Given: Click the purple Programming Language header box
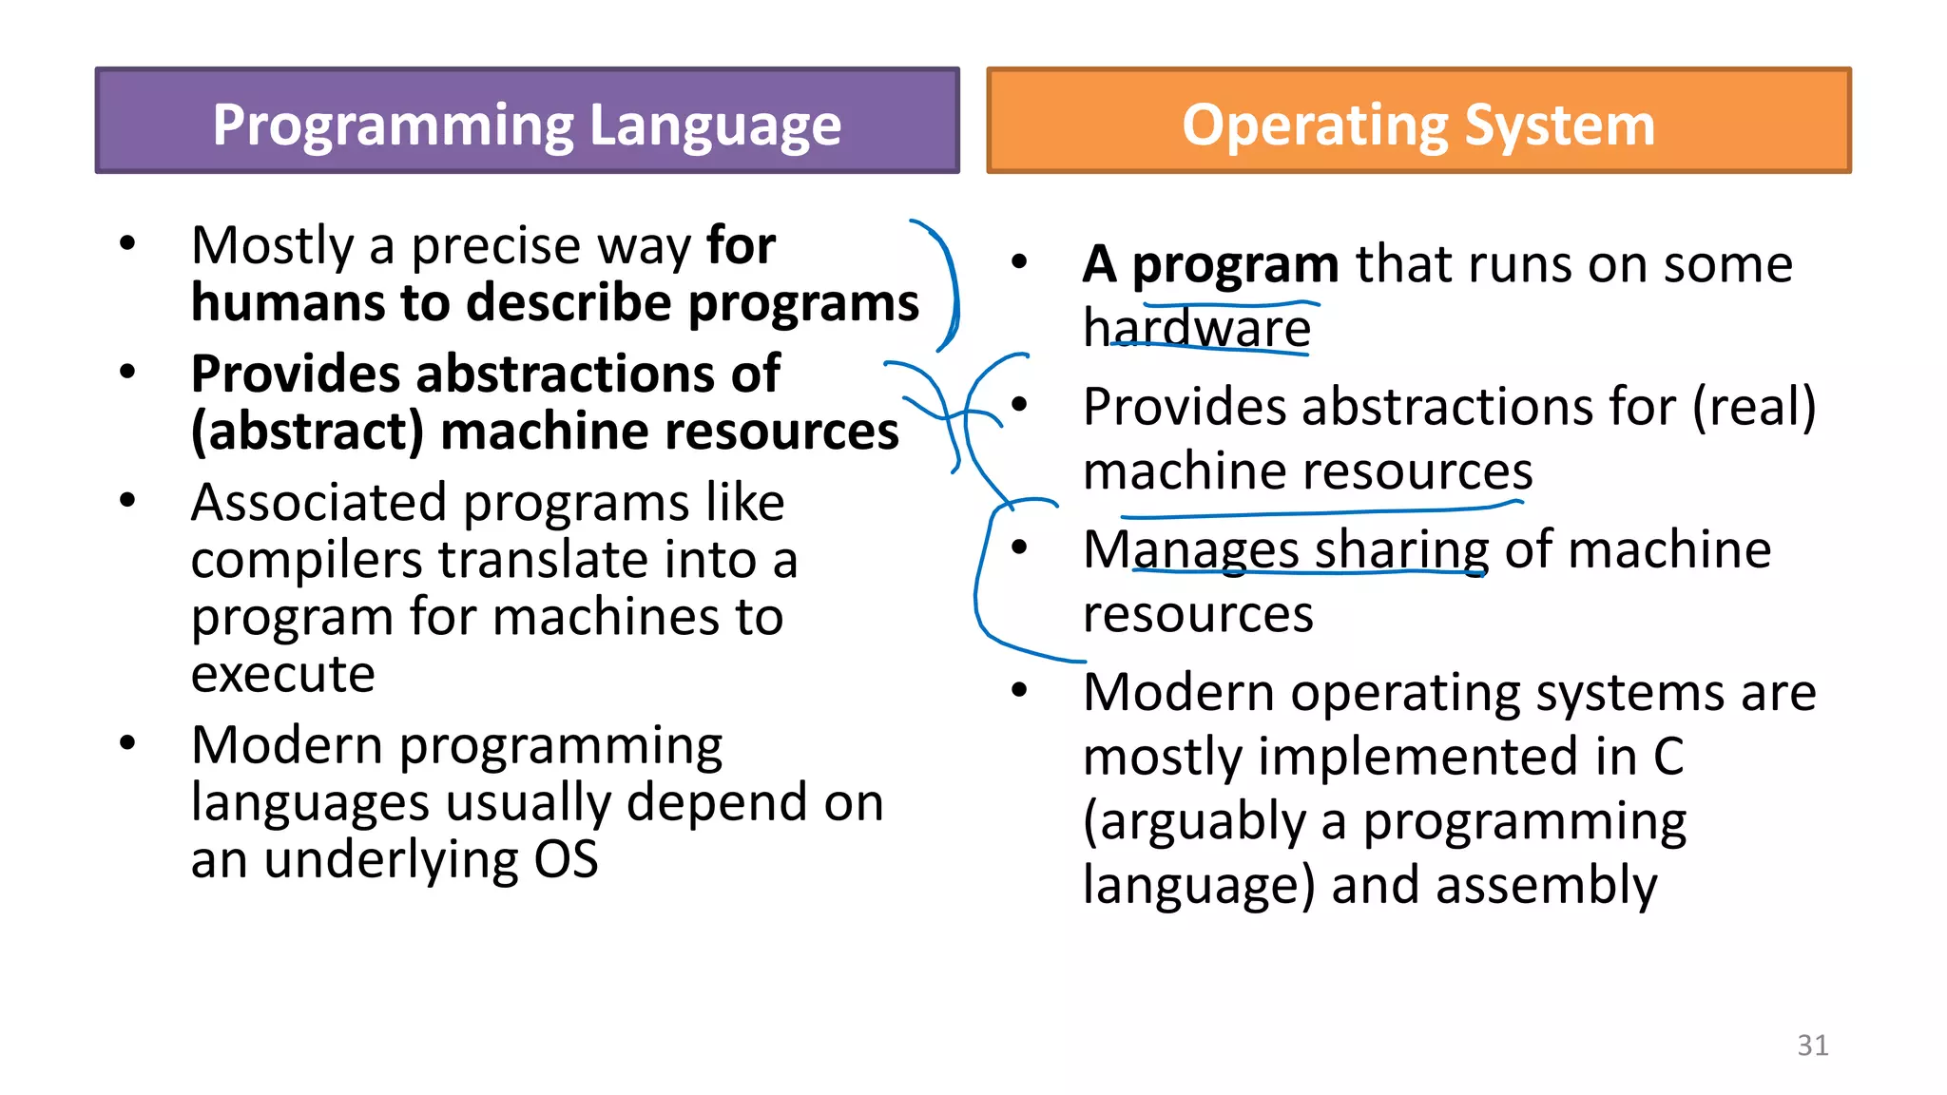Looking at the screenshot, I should pyautogui.click(x=527, y=121).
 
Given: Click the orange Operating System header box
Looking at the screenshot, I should pyautogui.click(x=1418, y=121).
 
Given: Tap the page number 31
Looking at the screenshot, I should pyautogui.click(x=1812, y=1045).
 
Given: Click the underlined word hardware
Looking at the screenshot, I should pyautogui.click(x=1197, y=328).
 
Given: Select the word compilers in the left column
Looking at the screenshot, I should pyautogui.click(x=305, y=560).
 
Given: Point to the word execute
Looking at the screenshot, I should pyautogui.click(x=282, y=674).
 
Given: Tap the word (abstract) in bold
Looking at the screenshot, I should pyautogui.click(x=306, y=432).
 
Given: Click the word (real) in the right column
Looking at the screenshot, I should pyautogui.click(x=1753, y=407).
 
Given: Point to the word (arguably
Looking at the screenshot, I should pyautogui.click(x=1194, y=821).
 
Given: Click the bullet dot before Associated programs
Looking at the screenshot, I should pyautogui.click(x=127, y=500).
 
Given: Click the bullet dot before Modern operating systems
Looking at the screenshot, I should pyautogui.click(x=1019, y=690).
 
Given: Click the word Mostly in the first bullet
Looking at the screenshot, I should pyautogui.click(x=272, y=246).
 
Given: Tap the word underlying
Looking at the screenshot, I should pyautogui.click(x=391, y=860).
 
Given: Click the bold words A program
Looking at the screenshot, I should pyautogui.click(x=1209, y=264).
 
